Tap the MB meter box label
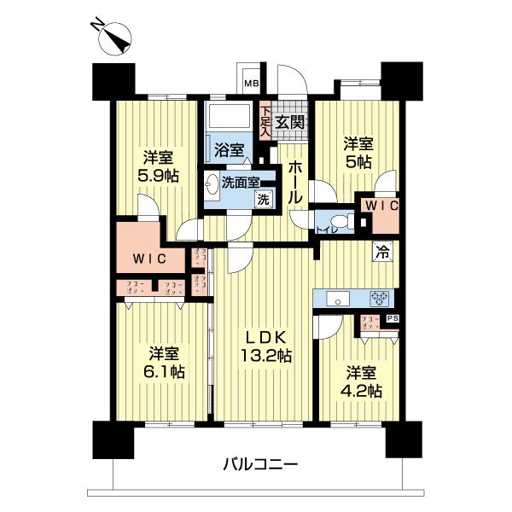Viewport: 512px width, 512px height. pos(252,83)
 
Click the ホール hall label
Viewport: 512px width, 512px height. pos(294,180)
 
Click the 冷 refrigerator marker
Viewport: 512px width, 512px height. pos(381,252)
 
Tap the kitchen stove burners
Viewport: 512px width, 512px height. pos(379,298)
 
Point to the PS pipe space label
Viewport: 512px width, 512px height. pos(392,318)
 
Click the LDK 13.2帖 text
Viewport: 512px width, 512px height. pos(265,345)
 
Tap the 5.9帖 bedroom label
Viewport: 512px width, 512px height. pos(158,166)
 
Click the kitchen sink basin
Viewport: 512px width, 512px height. pos(336,298)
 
